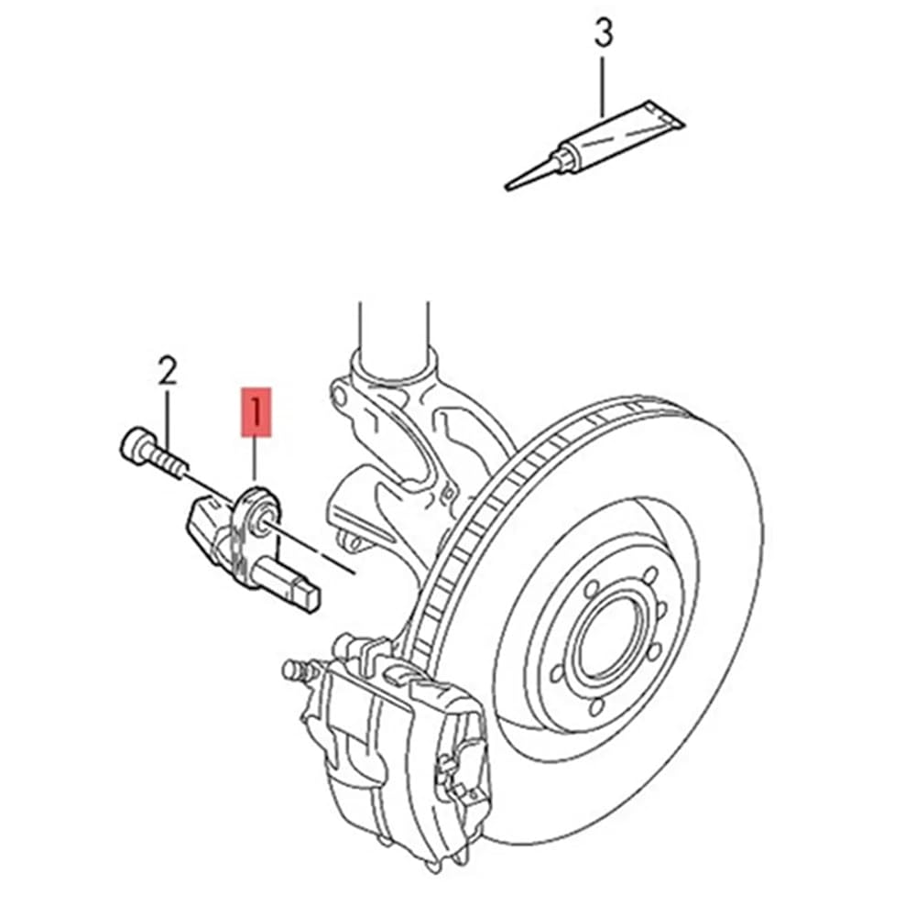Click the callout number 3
tap(604, 33)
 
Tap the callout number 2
tap(167, 370)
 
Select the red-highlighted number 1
tap(256, 411)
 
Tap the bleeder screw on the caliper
tap(296, 670)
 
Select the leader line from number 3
tap(603, 84)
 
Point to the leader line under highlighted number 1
tap(255, 462)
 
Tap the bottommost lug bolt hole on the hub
tap(596, 707)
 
